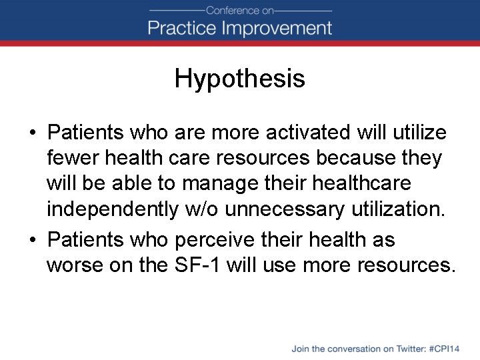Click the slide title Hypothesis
pyautogui.click(x=239, y=79)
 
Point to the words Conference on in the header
pyautogui.click(x=239, y=10)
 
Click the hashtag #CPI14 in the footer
pyautogui.click(x=445, y=349)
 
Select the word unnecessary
pyautogui.click(x=286, y=209)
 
